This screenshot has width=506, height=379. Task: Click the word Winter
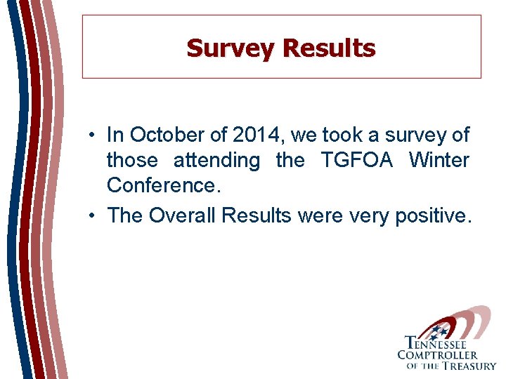click(439, 160)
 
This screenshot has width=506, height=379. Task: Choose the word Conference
click(161, 185)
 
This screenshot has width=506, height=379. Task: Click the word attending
click(216, 161)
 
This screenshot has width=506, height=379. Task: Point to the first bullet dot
click(92, 135)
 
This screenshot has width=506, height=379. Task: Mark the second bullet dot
click(92, 215)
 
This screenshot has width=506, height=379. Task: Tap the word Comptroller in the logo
click(437, 355)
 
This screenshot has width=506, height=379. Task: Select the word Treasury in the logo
click(468, 366)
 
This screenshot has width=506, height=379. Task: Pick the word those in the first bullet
click(132, 160)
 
